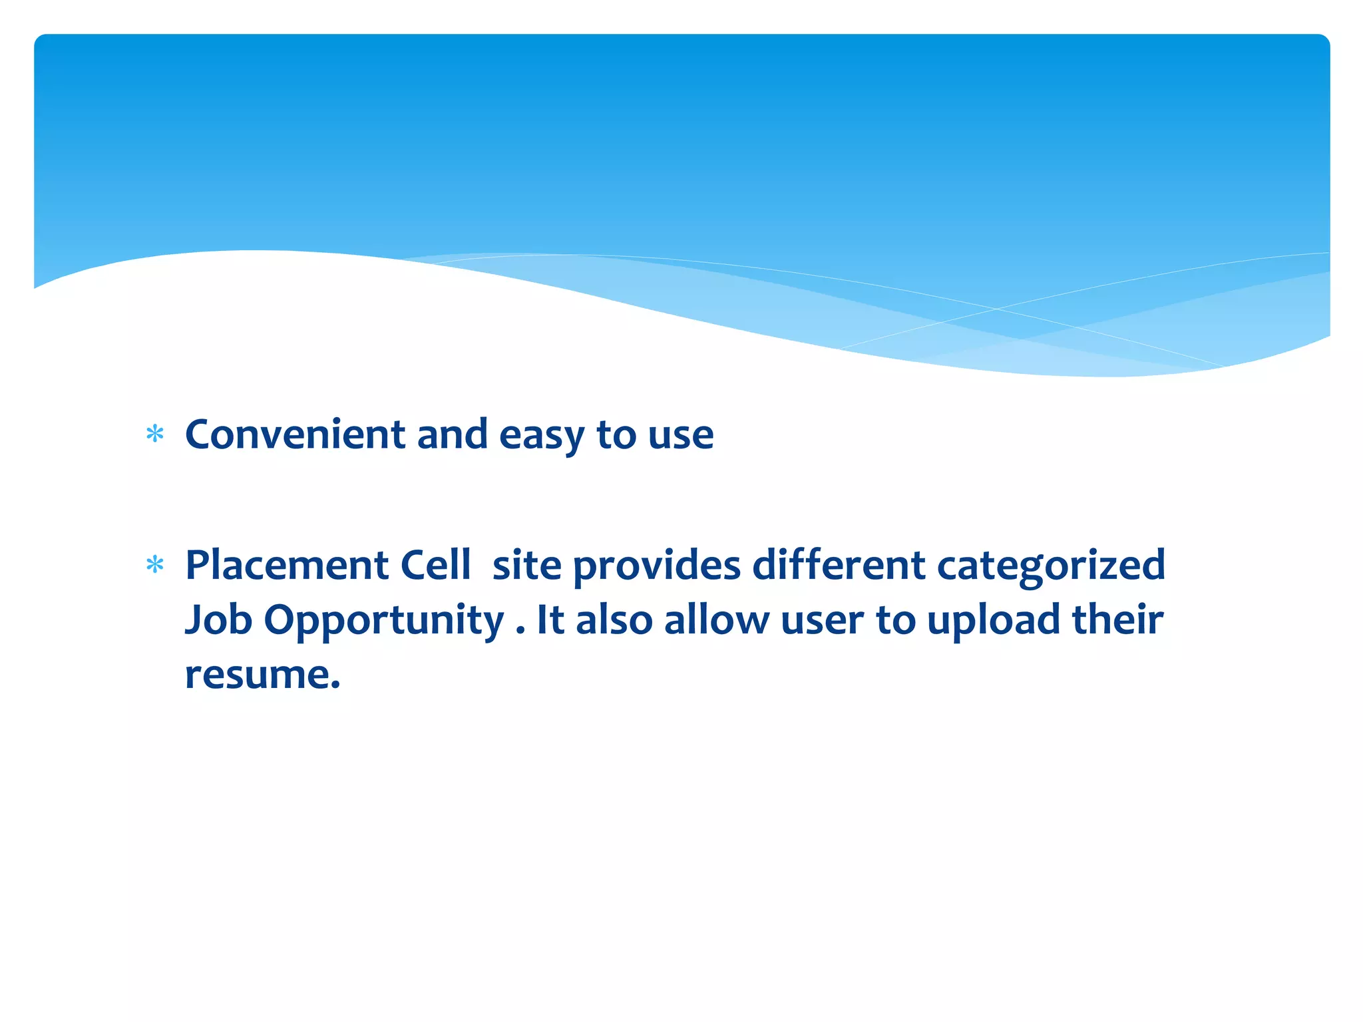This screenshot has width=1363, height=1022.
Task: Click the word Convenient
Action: coord(295,434)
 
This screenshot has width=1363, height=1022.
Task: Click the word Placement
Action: coord(287,565)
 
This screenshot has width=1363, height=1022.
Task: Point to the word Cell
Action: coord(435,565)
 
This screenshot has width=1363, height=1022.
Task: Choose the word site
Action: coord(526,565)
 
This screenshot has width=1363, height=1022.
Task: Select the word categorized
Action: coord(1051,566)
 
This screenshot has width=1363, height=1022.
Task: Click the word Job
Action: coord(218,619)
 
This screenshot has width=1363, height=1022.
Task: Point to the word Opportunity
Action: coord(384,621)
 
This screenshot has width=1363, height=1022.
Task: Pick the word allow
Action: coord(716,619)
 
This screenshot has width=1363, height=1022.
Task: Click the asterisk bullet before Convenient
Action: coord(155,434)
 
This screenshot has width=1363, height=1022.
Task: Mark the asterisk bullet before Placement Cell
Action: coord(155,565)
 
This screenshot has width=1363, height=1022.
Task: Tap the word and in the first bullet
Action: coord(452,434)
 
